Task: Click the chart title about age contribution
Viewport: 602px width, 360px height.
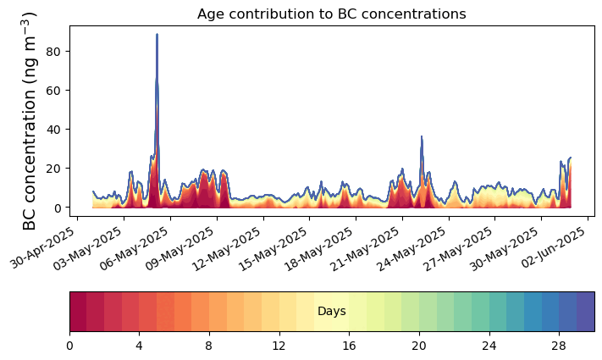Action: pyautogui.click(x=331, y=14)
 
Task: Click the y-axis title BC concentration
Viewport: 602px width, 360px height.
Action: pyautogui.click(x=30, y=121)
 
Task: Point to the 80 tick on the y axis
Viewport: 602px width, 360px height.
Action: pyautogui.click(x=52, y=52)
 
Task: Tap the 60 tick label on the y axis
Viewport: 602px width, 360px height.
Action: pyautogui.click(x=52, y=91)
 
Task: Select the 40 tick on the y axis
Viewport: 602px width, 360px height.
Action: pyautogui.click(x=52, y=130)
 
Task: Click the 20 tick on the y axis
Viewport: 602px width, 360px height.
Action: pyautogui.click(x=52, y=169)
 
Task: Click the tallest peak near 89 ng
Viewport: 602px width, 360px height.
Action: pyautogui.click(x=157, y=34)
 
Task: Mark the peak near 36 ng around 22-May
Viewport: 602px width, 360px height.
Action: pyautogui.click(x=422, y=136)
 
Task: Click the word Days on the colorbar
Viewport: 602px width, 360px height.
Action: pyautogui.click(x=332, y=311)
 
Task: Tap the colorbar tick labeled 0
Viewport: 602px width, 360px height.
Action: pyautogui.click(x=69, y=346)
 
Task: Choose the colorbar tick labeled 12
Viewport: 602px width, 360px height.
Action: pyautogui.click(x=279, y=346)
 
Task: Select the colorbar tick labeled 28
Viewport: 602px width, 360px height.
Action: pyautogui.click(x=559, y=346)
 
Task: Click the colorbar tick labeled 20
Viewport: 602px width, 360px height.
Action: pyautogui.click(x=419, y=346)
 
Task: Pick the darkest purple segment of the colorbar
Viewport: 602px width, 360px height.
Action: pyautogui.click(x=586, y=311)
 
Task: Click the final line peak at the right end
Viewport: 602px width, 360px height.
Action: pyautogui.click(x=570, y=158)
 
